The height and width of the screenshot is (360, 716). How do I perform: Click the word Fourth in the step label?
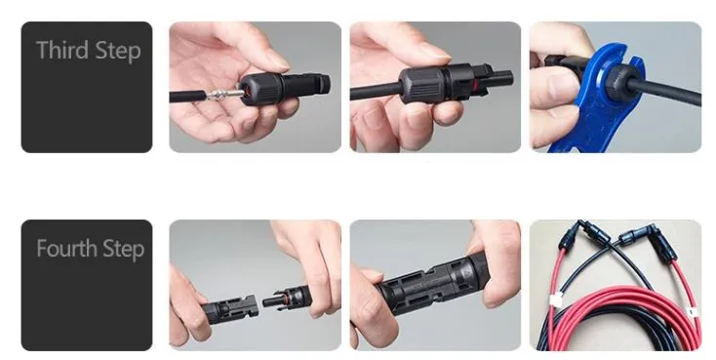[x=67, y=248]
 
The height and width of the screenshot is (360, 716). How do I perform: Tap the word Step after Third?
[x=115, y=51]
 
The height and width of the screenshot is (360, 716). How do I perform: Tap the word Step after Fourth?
[x=123, y=250]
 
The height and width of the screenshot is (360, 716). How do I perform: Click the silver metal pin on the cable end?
[x=224, y=95]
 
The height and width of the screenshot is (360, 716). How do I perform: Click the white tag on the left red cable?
[x=557, y=300]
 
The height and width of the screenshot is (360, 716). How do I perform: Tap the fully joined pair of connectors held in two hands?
[x=433, y=282]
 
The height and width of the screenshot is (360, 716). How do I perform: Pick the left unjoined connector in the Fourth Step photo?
[x=229, y=308]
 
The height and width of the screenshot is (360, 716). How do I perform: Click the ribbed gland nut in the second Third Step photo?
[x=418, y=84]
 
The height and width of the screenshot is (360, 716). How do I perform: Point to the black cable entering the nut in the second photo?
[x=376, y=92]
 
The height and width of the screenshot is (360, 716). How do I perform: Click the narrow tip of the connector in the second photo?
[x=501, y=78]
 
